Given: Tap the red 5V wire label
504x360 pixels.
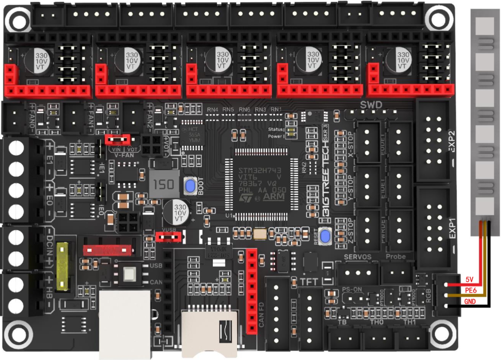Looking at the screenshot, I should click(469, 279).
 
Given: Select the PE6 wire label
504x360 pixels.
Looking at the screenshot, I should click(471, 290).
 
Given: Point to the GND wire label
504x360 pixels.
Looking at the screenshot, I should click(470, 302).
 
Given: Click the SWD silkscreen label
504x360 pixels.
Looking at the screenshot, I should click(371, 105).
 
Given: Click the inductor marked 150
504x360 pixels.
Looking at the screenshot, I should click(164, 184).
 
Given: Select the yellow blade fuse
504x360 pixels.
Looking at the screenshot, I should click(62, 266).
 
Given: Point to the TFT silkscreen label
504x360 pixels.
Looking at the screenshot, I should click(309, 282).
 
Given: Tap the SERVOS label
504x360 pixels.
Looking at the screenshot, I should click(357, 257).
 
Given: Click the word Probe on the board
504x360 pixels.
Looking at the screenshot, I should click(395, 257).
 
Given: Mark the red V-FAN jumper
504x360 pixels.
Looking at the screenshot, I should click(118, 140).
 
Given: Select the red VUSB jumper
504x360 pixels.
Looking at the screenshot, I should click(168, 237).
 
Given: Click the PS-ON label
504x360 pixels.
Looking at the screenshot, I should click(352, 290).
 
